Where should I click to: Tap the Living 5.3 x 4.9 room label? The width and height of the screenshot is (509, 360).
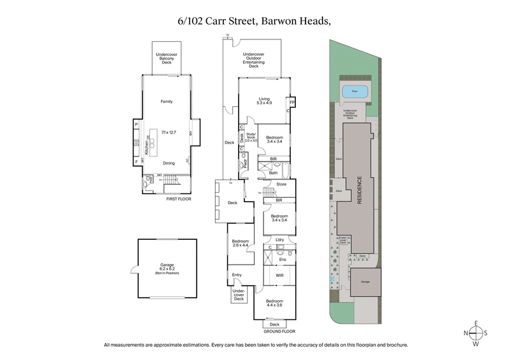(264, 100)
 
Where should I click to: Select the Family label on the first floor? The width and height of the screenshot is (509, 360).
(165, 101)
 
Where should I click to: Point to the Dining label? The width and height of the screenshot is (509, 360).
(169, 163)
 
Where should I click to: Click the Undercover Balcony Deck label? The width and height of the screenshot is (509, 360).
(165, 59)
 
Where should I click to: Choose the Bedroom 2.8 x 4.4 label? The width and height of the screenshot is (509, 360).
(240, 243)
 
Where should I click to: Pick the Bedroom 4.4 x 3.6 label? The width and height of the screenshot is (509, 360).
(274, 303)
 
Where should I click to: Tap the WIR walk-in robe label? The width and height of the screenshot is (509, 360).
(279, 275)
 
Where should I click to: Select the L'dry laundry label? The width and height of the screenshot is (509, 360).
(279, 240)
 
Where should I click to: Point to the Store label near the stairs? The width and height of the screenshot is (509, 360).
(281, 184)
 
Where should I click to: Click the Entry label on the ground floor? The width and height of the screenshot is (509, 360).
(237, 275)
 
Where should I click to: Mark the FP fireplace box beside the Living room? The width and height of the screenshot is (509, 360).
(292, 101)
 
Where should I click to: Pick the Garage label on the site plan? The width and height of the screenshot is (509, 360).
(365, 280)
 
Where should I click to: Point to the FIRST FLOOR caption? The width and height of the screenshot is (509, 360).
(178, 199)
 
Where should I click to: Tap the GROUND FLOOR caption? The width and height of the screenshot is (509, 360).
(275, 331)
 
